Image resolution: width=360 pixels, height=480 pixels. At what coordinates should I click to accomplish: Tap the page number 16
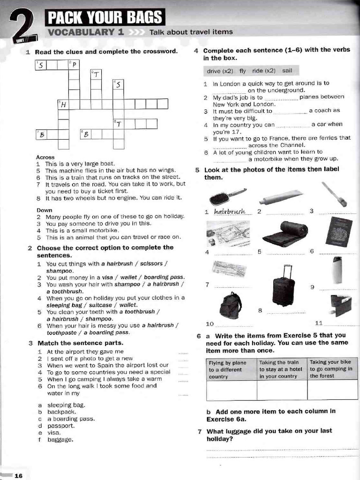pos(18,476)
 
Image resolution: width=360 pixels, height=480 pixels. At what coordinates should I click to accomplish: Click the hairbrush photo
pos(227,196)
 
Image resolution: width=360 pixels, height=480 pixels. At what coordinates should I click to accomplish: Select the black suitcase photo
pos(283,286)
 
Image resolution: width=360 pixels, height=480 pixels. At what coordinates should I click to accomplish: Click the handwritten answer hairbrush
pos(230,212)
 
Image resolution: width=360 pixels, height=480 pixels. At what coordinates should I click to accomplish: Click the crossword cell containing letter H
pos(63,104)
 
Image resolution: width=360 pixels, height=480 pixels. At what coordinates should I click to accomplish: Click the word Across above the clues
pos(45,157)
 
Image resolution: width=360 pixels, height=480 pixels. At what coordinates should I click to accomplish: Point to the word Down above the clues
pos(45,210)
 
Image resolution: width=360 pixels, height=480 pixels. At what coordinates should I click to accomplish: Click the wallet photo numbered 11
pos(340,305)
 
